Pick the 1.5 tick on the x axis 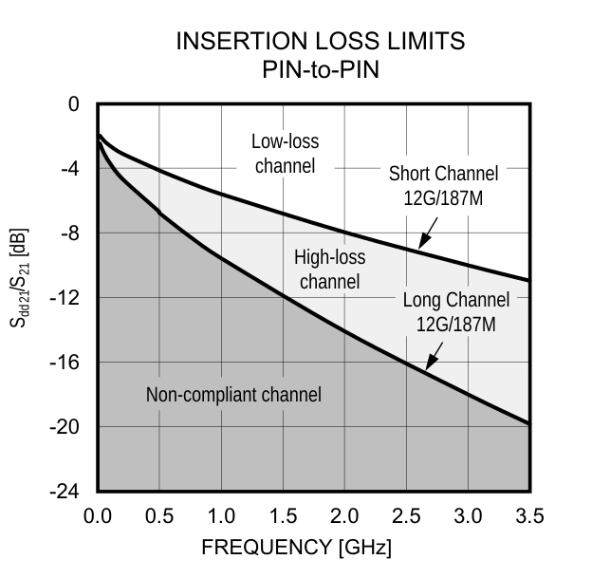pos(283,516)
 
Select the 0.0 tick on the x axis pos(98,516)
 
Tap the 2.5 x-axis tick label pos(406,516)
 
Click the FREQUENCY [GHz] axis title pos(296,549)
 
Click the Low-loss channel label pos(285,154)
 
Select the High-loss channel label pos(329,270)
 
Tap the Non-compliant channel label pos(233,395)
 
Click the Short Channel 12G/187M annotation pos(443,186)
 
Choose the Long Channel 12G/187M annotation pos(456,312)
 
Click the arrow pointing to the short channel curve pos(426,231)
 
